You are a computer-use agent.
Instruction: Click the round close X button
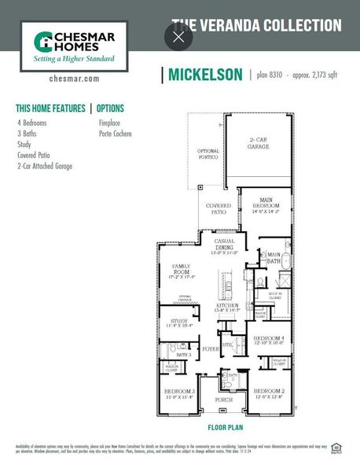tap(178, 37)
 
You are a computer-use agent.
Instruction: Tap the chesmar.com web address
tap(74, 79)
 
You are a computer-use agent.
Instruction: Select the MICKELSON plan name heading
tap(204, 76)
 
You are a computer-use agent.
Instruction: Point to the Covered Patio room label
tap(219, 209)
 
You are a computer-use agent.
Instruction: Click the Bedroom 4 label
tap(267, 339)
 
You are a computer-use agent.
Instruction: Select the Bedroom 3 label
tap(180, 393)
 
